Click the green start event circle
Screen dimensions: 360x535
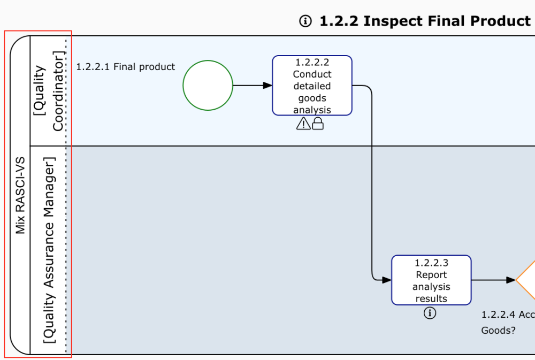click(x=208, y=86)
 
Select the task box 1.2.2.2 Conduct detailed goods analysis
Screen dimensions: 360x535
click(x=312, y=86)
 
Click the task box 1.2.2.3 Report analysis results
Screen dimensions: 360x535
click(x=431, y=280)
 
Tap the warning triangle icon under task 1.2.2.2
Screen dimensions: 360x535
click(x=303, y=124)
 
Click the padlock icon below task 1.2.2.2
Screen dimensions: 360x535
click(x=318, y=124)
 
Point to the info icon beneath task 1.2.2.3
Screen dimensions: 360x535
click(x=430, y=313)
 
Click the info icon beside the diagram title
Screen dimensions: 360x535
click(x=305, y=21)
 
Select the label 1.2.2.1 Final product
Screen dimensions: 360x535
click(x=126, y=67)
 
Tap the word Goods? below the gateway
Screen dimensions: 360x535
click(x=498, y=330)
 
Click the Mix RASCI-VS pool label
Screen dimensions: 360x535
click(x=20, y=195)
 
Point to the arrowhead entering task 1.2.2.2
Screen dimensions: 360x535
click(x=267, y=86)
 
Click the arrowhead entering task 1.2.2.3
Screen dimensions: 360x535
click(x=387, y=280)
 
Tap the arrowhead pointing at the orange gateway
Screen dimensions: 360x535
click(x=511, y=280)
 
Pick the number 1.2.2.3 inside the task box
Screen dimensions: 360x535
click(x=431, y=263)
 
